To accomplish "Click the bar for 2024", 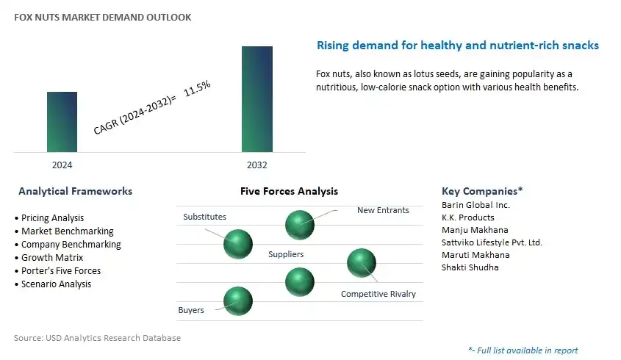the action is click(62, 122).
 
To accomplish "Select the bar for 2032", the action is click(257, 99).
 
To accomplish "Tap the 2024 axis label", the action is click(62, 165).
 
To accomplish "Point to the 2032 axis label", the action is click(257, 165).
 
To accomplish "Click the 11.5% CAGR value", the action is click(197, 88).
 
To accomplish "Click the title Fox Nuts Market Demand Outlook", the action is click(103, 18).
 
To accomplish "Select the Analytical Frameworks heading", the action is click(75, 191).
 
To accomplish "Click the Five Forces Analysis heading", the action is click(289, 191).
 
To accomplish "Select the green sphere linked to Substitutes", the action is click(238, 244).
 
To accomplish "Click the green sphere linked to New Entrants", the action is click(300, 225).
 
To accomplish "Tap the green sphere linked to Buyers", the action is click(238, 301).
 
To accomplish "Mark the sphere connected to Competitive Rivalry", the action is click(362, 263).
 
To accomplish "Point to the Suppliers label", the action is click(286, 254).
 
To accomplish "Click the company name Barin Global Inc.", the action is click(475, 205).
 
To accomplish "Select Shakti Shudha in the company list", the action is click(470, 267).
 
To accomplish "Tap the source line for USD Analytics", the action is click(98, 338).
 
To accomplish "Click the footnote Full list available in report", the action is click(523, 350).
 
